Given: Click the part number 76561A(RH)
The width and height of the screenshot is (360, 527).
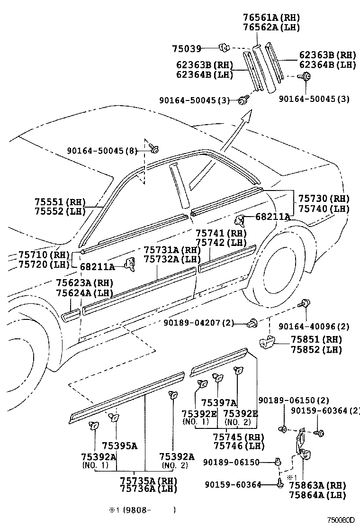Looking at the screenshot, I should [x=271, y=18].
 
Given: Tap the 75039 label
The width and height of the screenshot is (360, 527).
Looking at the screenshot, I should [x=187, y=48].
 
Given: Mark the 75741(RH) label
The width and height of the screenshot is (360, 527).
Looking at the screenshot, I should [x=221, y=233].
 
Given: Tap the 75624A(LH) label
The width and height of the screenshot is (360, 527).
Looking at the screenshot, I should [x=84, y=293].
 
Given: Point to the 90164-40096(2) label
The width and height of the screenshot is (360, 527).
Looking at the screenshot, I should [x=314, y=327].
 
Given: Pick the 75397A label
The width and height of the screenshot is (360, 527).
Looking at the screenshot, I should [x=218, y=403].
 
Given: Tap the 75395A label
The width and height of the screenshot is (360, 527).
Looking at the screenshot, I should [x=119, y=445].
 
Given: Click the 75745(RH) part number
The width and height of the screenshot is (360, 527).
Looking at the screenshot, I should [x=236, y=436].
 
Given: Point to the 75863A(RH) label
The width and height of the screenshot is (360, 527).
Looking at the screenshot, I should [x=317, y=485].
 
